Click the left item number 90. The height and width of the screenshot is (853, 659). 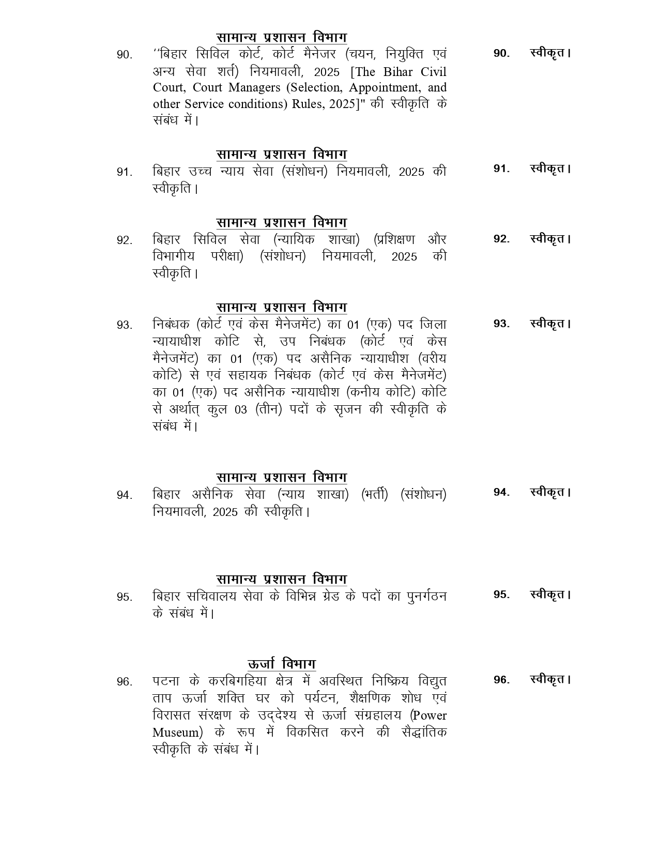click(124, 55)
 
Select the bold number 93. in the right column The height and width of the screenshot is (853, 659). click(501, 324)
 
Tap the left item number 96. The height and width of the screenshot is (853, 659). click(124, 682)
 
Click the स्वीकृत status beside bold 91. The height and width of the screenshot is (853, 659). click(550, 169)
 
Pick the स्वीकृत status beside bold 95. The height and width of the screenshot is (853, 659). click(550, 595)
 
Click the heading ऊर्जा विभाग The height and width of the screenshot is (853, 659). click(281, 664)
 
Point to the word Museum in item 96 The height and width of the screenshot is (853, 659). click(176, 733)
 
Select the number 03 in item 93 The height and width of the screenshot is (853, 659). click(241, 410)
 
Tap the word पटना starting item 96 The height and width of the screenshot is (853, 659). click(166, 681)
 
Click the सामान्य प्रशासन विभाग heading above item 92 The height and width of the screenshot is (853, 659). click(281, 222)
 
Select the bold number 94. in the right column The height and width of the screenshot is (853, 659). click(501, 492)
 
